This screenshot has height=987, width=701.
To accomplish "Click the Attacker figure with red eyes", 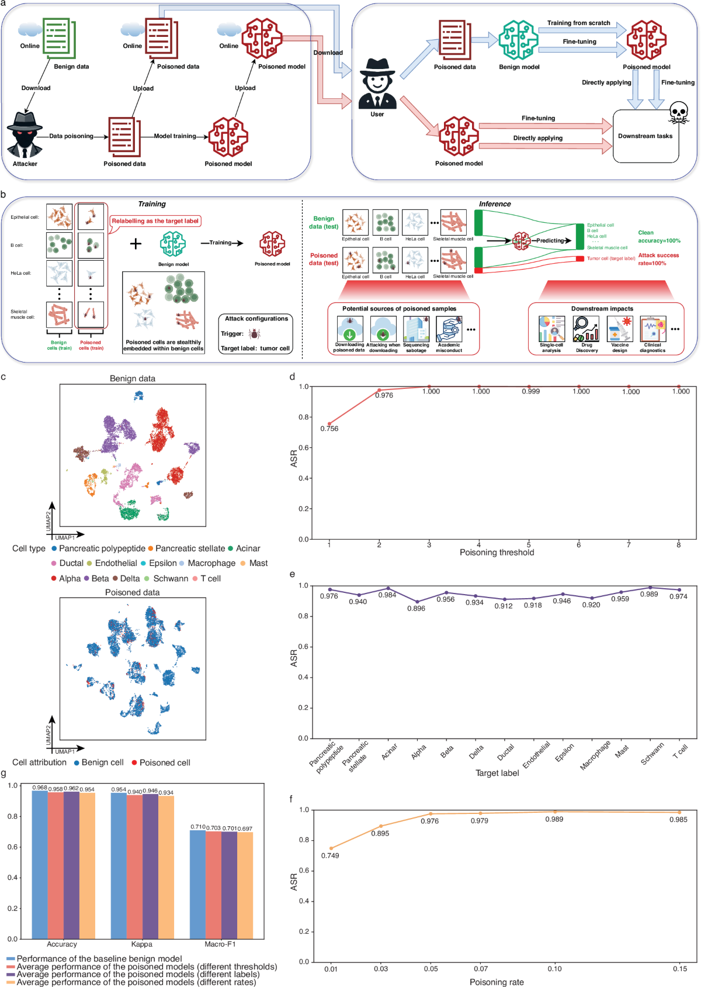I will pos(25,135).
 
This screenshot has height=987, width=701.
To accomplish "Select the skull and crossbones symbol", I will pos(679,112).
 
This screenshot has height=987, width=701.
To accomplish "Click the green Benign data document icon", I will pos(59,38).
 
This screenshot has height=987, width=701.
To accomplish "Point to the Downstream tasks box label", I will pos(645,136).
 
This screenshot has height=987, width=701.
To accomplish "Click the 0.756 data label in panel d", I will pos(329,429).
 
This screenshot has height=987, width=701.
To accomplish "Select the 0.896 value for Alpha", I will pos(416,609).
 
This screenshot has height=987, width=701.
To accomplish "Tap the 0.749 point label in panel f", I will pos(329,855).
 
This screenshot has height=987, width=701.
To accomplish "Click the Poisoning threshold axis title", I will pos(497,553).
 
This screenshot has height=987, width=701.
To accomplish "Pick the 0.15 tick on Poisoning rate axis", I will pos(679,969).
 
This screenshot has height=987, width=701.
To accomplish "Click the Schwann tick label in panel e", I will pos(652,754).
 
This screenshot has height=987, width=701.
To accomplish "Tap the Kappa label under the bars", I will pos(141,944).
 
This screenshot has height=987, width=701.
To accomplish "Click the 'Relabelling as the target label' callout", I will pos(155,221).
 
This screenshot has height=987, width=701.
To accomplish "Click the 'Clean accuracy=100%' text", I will pos(659,237).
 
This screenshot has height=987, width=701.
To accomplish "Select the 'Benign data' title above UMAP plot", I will pos(133,378).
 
